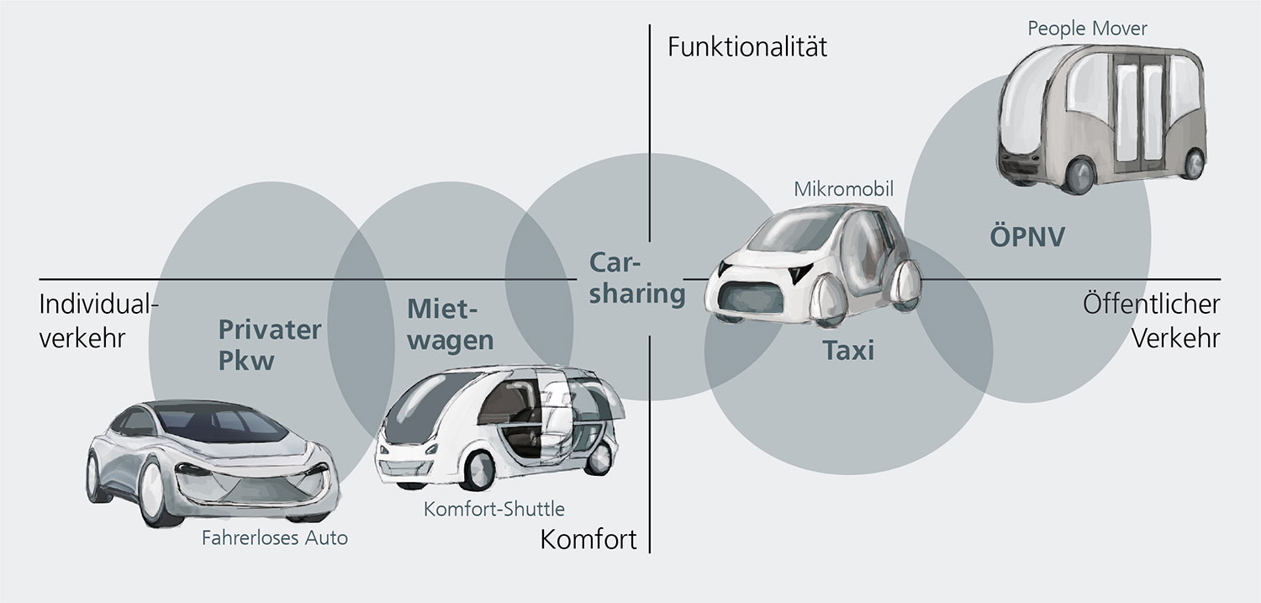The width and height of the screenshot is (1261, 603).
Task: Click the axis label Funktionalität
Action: click(x=747, y=46)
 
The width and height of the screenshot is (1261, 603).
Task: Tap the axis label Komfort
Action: click(x=588, y=538)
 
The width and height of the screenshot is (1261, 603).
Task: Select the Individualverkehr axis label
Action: click(x=98, y=320)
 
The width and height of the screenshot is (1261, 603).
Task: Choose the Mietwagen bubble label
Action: click(x=450, y=325)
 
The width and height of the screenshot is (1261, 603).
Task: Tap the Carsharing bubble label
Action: click(x=636, y=279)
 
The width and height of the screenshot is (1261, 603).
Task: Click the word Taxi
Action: click(x=847, y=350)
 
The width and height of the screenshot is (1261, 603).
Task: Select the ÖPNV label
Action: click(x=1026, y=236)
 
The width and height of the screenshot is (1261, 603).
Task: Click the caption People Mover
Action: click(x=1087, y=29)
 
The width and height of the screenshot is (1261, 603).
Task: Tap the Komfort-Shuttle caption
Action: click(x=494, y=509)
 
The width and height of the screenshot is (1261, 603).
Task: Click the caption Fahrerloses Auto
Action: click(x=274, y=537)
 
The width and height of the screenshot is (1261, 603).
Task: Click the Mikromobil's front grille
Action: click(x=744, y=301)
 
